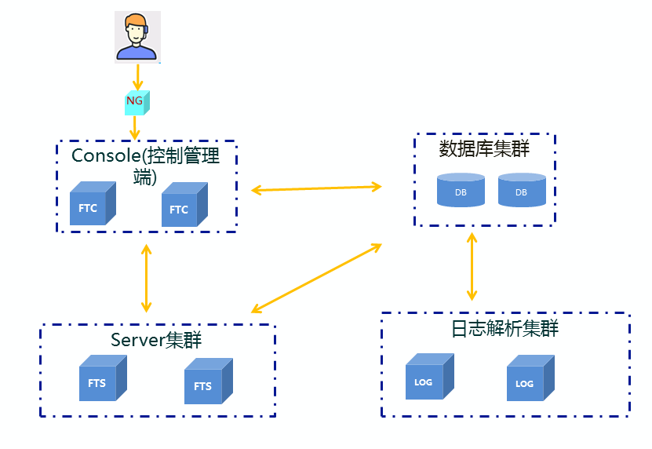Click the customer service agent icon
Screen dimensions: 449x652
pos(137,37)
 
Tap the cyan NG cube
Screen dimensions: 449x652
pos(137,101)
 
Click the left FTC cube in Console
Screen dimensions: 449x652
pos(92,206)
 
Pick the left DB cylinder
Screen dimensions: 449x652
pos(461,191)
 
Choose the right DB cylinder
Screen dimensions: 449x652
pos(522,191)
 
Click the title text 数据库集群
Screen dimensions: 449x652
pos(484,148)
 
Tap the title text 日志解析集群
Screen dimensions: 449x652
pos(505,328)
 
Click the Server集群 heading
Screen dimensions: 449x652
pos(156,341)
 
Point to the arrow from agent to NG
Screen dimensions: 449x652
pos(138,77)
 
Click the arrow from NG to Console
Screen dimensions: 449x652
pos(136,126)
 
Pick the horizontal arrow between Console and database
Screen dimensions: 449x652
pos(316,188)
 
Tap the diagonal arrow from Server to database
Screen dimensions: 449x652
pos(316,278)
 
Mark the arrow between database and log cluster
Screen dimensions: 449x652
pos(472,265)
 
